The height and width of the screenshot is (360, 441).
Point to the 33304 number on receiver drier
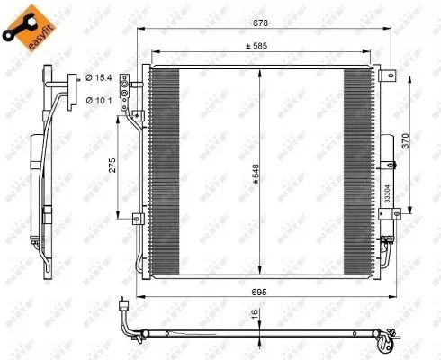tap(388, 193)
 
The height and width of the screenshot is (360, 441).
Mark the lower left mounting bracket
tap(137, 216)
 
